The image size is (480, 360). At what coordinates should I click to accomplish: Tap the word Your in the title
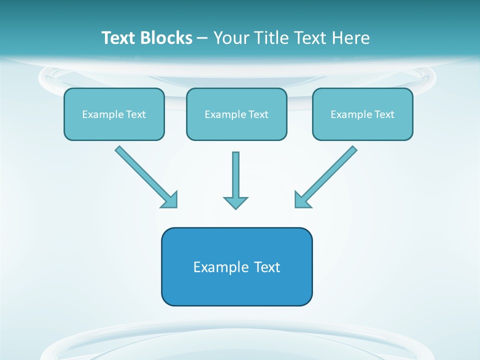coord(232,38)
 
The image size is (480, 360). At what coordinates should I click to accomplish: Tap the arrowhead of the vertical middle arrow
coord(235,202)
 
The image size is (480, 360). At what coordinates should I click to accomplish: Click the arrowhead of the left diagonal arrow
coord(170,200)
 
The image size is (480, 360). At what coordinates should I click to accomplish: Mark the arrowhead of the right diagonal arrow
coord(301,200)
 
